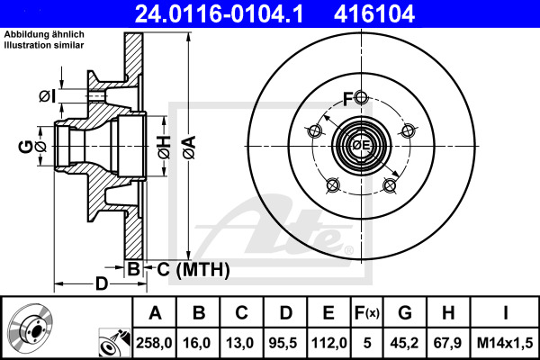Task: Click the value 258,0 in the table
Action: coord(155,342)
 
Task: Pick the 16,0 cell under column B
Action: coord(199,342)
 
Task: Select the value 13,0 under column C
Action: coord(242,342)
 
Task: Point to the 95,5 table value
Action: coord(285,342)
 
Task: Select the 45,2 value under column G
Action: coord(406,342)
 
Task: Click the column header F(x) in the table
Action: coord(367,313)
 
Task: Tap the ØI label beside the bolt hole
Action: coord(48,95)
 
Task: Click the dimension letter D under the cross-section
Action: coord(101,284)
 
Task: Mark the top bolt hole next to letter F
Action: coord(361,98)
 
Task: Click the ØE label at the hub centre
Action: coord(361,145)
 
